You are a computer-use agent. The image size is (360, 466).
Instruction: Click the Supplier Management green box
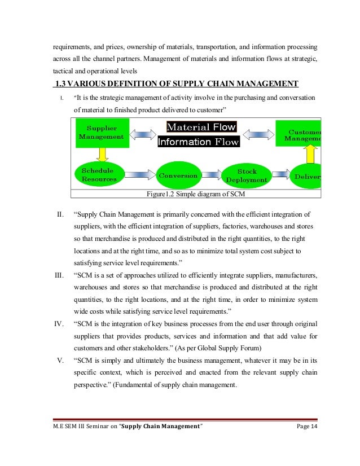click(101, 133)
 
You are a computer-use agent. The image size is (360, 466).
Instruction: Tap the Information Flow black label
click(198, 142)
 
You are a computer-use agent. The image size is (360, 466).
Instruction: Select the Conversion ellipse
click(178, 175)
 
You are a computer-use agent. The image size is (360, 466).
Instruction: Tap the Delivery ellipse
click(307, 176)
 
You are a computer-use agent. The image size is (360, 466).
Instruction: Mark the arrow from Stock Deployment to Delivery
click(280, 175)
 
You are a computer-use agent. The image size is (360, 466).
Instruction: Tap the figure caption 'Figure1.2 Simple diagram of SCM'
click(195, 195)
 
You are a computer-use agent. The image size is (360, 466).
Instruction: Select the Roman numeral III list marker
click(58, 275)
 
